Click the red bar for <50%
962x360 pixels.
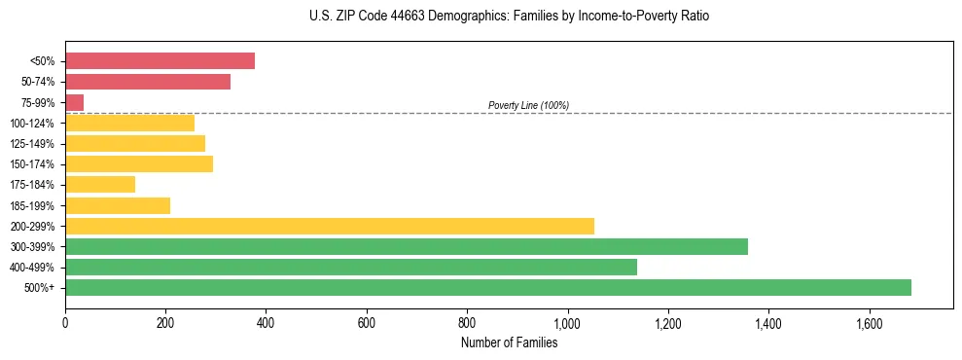(160, 61)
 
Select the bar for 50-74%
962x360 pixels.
(148, 82)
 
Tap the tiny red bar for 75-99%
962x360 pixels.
(74, 102)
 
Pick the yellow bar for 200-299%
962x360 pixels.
(330, 226)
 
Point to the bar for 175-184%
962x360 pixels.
(100, 184)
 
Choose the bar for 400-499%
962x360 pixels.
(351, 267)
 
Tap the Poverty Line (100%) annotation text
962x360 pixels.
(528, 105)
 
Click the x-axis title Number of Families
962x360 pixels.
(509, 342)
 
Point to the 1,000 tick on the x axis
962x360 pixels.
(567, 321)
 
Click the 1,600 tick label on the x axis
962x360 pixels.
(869, 321)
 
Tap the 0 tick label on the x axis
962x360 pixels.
(65, 321)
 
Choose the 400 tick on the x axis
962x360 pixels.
(266, 321)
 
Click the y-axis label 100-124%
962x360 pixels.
(32, 124)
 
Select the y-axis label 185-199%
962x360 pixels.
(32, 205)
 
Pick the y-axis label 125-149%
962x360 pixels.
(32, 144)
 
